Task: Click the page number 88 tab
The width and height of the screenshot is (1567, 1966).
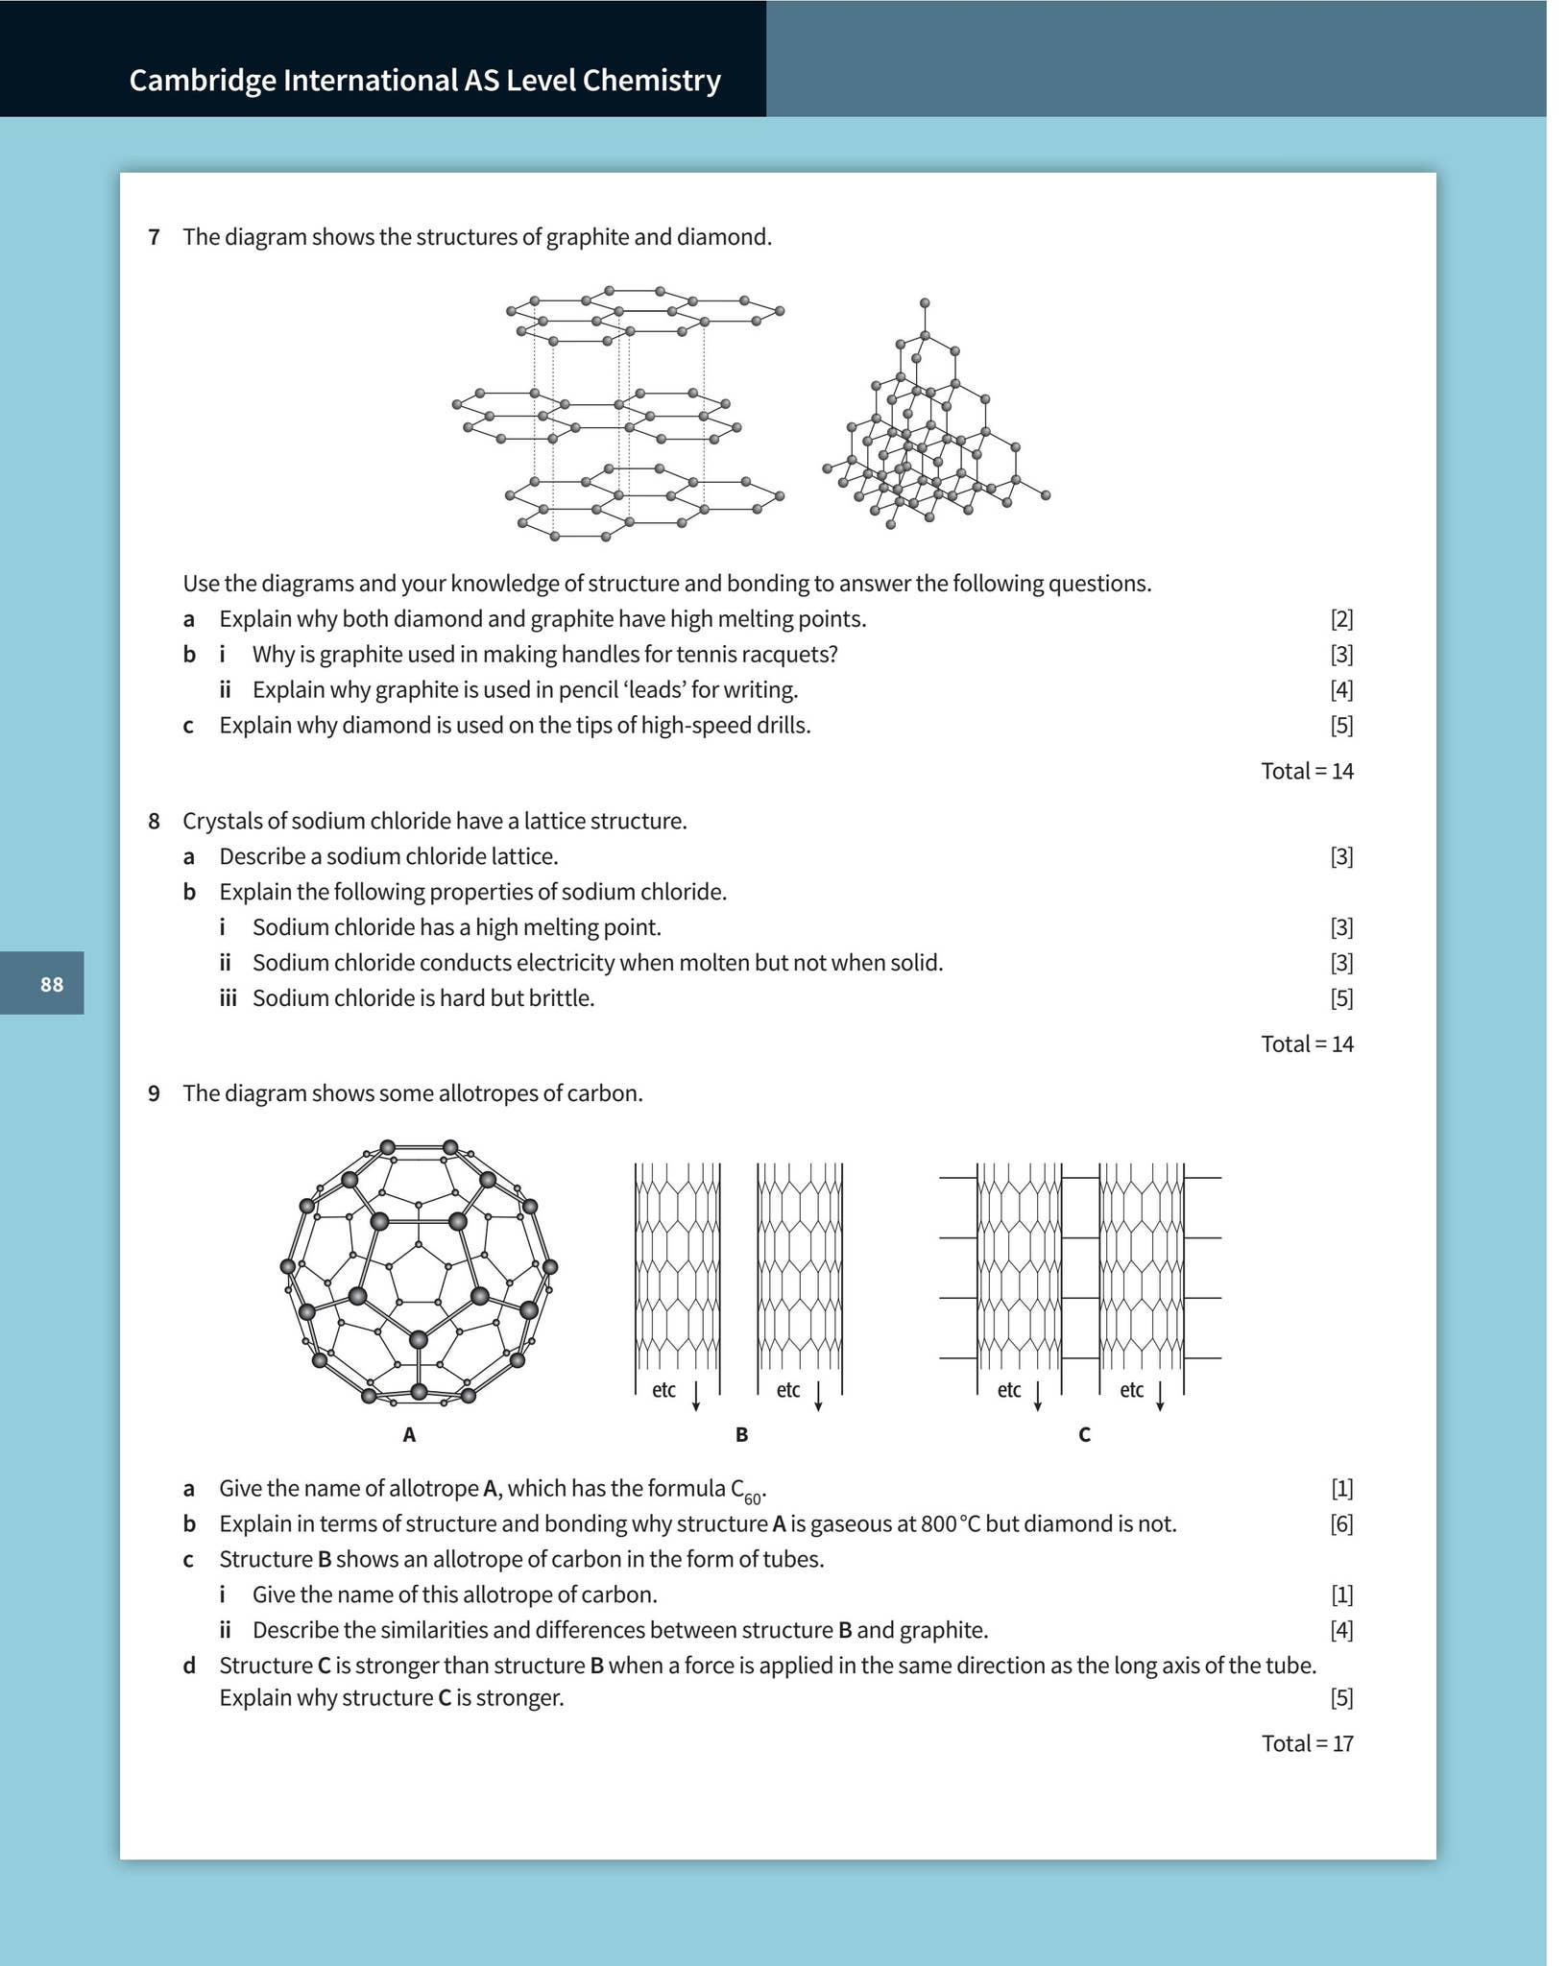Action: [x=51, y=984]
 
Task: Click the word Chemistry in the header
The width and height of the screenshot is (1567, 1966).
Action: [x=651, y=80]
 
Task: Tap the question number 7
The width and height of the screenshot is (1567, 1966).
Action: [x=154, y=237]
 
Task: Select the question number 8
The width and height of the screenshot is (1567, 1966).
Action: [x=154, y=821]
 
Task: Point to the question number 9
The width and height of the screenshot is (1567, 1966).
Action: [x=154, y=1093]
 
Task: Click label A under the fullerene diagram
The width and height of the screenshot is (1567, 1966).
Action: [x=409, y=1434]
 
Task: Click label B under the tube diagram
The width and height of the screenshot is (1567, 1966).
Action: [x=741, y=1434]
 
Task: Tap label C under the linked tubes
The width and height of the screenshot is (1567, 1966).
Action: [x=1084, y=1434]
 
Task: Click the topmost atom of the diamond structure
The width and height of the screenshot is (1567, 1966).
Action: [x=925, y=302]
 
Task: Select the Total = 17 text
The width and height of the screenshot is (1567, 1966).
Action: [x=1307, y=1743]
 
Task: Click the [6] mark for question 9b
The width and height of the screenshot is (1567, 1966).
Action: [x=1341, y=1523]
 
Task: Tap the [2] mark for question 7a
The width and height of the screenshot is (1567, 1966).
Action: [x=1341, y=619]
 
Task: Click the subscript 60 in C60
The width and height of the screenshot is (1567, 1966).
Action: [x=753, y=1498]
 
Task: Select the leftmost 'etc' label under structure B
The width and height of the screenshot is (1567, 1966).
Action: [x=663, y=1390]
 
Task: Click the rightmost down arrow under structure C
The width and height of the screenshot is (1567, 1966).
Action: [x=1160, y=1397]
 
